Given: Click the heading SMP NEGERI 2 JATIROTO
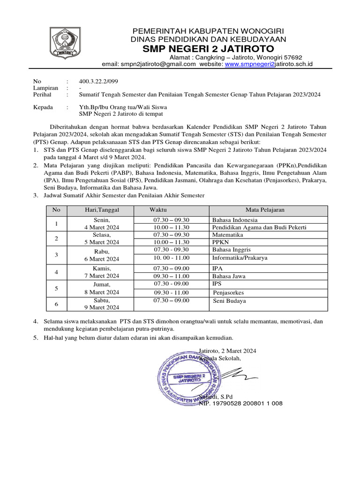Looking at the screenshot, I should pos(209,49).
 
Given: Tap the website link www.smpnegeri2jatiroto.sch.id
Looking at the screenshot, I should pos(269,64).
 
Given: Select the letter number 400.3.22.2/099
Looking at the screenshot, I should pos(98,81).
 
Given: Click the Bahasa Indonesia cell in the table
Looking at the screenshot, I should pos(234,219).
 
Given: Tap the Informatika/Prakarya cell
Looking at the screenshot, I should pos(240,258).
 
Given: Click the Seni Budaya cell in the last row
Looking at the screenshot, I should pos(230,301).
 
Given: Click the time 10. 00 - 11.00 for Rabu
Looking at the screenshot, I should pos(171,258).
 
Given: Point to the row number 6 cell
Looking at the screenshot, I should pos(56,304).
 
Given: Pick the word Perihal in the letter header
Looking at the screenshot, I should pos(43,94).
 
